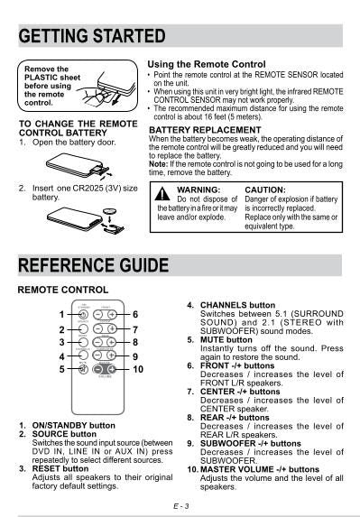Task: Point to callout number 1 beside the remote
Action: click(62, 315)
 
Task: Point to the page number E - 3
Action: click(180, 507)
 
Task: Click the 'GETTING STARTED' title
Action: click(92, 36)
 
